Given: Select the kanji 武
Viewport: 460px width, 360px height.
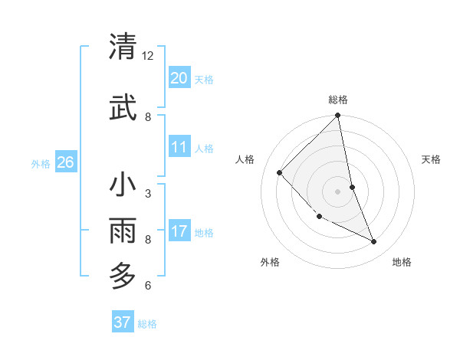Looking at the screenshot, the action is click(123, 107).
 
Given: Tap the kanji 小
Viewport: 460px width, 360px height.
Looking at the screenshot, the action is click(123, 186).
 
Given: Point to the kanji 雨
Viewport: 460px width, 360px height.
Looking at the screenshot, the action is click(123, 230).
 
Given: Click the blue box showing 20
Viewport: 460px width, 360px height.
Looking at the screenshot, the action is click(179, 78).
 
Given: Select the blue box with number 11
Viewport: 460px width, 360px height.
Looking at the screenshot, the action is click(179, 147).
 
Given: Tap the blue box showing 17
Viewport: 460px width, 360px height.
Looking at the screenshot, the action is click(179, 231).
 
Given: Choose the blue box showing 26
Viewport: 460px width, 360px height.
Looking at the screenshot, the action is click(65, 162).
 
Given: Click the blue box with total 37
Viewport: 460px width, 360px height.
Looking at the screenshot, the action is click(122, 322).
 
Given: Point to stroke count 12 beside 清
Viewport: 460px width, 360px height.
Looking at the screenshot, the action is click(148, 56).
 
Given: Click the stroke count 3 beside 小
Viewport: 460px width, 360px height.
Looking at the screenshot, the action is click(148, 193).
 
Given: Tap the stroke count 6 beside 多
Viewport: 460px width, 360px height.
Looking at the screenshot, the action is click(148, 286).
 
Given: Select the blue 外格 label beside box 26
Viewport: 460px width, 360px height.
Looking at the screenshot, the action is click(41, 163).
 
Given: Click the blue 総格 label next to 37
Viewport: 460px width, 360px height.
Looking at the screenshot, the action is click(147, 324).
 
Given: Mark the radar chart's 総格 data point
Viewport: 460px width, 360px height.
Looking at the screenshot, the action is click(337, 116).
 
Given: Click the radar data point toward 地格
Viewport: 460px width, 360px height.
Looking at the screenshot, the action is click(374, 242).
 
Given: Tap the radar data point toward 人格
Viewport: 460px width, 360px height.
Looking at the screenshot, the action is click(280, 173).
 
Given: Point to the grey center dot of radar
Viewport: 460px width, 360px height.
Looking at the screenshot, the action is click(337, 191).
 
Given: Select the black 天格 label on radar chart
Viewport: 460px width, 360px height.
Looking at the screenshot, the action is click(432, 159).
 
